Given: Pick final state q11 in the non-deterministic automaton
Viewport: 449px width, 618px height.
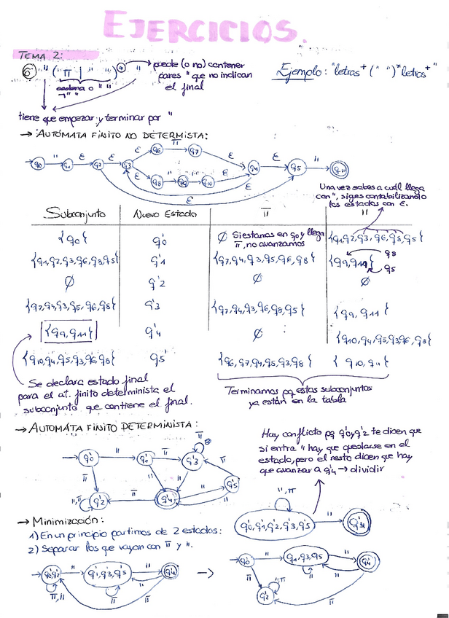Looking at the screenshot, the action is pos(340,171).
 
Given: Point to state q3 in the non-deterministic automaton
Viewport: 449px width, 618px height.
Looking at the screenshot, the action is pos(128,165).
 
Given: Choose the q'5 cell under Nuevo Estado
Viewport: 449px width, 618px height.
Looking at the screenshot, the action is pos(158,359).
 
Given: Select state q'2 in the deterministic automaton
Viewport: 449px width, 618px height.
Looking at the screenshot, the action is pos(102,500).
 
